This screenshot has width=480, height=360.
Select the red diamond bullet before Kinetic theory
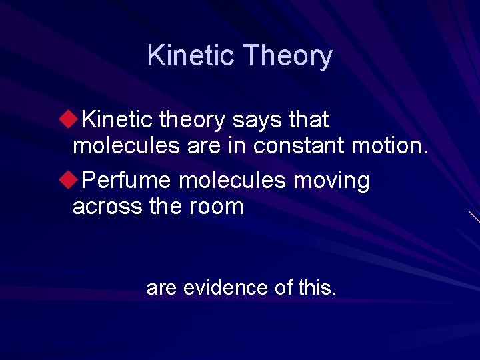65,120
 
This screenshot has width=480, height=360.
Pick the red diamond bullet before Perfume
65,180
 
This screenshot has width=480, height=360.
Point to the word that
308,120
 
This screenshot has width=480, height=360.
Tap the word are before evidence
161,288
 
